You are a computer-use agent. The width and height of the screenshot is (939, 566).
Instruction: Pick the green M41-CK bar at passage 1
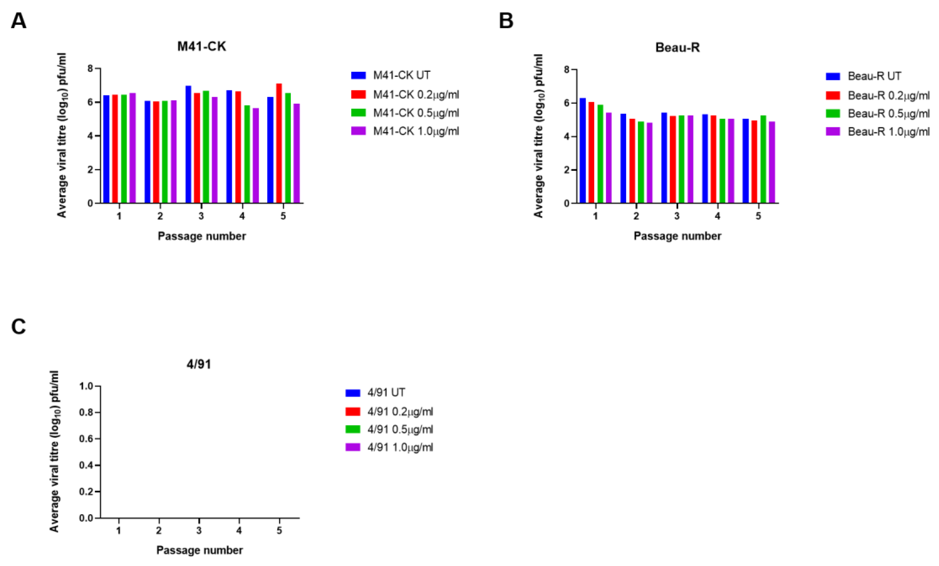pyautogui.click(x=124, y=148)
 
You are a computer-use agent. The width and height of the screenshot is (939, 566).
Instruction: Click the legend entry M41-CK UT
pyautogui.click(x=401, y=76)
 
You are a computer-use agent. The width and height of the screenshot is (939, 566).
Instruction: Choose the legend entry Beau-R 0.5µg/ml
pyautogui.click(x=888, y=114)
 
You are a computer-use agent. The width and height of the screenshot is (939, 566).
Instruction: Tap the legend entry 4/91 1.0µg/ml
pyautogui.click(x=400, y=447)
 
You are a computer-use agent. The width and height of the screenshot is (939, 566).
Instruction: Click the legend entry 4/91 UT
pyautogui.click(x=386, y=392)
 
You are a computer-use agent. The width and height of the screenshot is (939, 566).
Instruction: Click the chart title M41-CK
pyautogui.click(x=202, y=46)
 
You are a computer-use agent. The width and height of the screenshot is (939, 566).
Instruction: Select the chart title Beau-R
pyautogui.click(x=677, y=48)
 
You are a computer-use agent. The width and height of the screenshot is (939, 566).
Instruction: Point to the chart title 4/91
pyautogui.click(x=198, y=364)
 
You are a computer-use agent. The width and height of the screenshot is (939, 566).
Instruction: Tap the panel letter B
pyautogui.click(x=506, y=21)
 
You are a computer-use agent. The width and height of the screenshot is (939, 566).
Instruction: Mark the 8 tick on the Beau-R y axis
pyautogui.click(x=567, y=70)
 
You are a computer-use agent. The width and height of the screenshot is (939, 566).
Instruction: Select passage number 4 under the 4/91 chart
pyautogui.click(x=239, y=530)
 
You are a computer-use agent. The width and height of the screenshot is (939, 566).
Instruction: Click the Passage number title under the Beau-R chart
pyautogui.click(x=677, y=236)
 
